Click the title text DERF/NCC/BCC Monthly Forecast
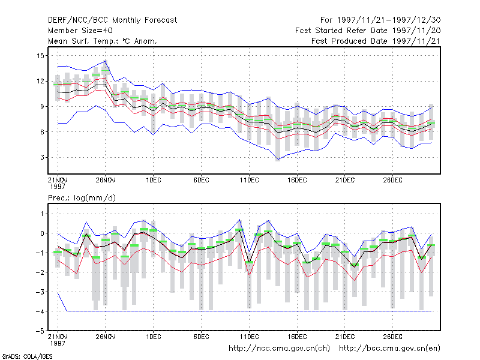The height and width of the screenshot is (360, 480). coord(112,20)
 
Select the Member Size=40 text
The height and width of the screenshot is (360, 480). coord(80,31)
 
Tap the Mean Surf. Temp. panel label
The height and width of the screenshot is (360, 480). coord(103,41)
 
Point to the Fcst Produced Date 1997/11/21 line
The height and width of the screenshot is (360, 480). coord(376,41)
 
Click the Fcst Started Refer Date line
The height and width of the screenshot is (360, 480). coord(368,31)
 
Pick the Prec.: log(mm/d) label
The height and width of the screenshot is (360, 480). coord(82,198)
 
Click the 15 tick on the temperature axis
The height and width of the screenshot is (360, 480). coord(40,56)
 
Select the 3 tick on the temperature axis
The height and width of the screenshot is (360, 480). coord(42,157)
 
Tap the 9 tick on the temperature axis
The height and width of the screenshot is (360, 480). coord(42,107)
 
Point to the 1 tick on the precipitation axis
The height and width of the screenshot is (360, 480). coord(42,214)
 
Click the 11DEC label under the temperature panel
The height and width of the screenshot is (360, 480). coord(249,180)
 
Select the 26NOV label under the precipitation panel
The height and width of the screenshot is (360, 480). coord(106,337)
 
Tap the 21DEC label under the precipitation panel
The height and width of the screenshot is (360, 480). coord(344,337)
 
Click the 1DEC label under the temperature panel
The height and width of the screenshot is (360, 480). coord(154,180)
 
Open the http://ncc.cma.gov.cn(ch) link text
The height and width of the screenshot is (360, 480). coord(279,349)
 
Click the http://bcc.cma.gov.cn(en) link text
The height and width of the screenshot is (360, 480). coord(389,349)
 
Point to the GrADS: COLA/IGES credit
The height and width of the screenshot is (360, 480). coord(27,356)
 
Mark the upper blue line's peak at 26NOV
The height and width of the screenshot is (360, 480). coord(106,61)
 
